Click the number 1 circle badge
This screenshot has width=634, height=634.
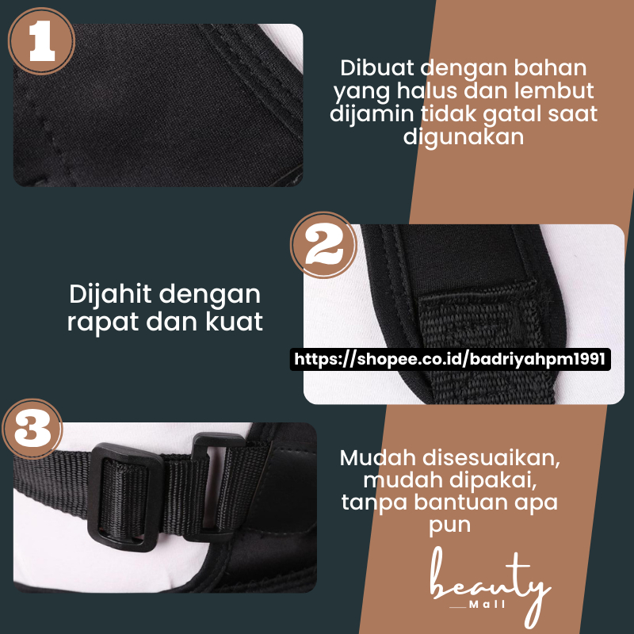42,41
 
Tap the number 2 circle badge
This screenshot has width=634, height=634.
323,245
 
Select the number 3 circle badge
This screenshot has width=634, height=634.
32,429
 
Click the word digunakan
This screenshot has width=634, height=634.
464,137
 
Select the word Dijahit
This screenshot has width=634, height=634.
110,295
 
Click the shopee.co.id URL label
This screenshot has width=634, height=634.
450,359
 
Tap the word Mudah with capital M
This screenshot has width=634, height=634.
378,458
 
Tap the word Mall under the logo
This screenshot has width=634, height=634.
487,605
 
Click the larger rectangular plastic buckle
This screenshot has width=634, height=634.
124,498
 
